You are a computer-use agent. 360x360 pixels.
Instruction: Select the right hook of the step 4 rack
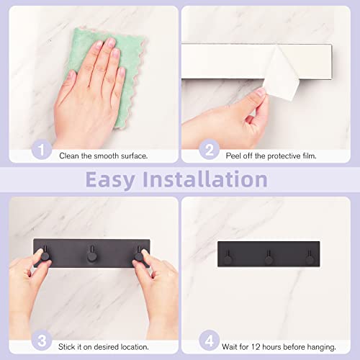click(310, 256)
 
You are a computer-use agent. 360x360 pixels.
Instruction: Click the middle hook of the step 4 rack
click(269, 256)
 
